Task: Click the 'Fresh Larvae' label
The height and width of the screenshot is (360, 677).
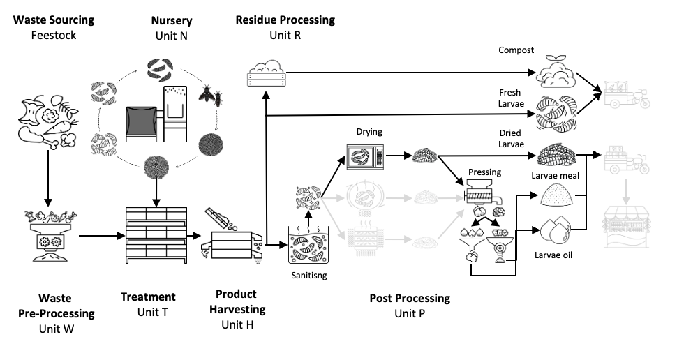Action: pyautogui.click(x=510, y=98)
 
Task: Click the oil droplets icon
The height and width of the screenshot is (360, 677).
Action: pyautogui.click(x=557, y=231)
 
